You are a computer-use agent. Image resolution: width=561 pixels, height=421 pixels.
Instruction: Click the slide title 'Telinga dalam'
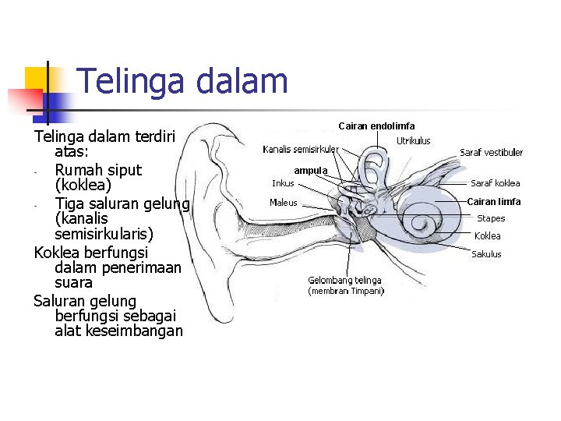(x=182, y=81)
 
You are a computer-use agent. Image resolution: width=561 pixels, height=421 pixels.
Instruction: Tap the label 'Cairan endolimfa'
(x=376, y=126)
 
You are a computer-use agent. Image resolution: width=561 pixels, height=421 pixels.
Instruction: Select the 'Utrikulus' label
(x=413, y=141)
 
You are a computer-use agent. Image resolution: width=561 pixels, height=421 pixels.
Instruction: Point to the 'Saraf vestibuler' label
(x=491, y=153)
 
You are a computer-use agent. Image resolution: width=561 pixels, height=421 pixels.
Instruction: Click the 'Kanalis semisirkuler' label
(x=300, y=149)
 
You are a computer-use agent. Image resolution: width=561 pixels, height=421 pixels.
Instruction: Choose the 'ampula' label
(x=311, y=170)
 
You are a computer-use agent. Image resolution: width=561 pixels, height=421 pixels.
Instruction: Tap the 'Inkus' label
(x=283, y=184)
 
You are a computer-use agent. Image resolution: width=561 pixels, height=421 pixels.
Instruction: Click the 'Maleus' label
(x=283, y=203)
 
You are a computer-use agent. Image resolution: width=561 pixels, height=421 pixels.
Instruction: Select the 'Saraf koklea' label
(x=495, y=184)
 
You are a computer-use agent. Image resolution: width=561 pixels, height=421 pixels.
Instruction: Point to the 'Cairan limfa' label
(x=493, y=202)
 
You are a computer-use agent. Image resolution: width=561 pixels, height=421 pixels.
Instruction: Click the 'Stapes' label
(x=491, y=219)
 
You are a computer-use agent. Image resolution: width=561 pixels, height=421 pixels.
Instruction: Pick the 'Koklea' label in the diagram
(x=488, y=236)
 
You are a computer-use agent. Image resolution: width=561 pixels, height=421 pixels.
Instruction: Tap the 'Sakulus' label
(x=486, y=254)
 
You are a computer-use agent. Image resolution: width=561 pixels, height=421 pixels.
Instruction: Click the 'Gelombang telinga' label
(x=344, y=281)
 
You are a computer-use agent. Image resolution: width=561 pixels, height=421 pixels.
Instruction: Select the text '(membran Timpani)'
(x=346, y=292)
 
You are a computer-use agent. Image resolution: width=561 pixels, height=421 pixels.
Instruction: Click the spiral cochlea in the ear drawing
(x=425, y=226)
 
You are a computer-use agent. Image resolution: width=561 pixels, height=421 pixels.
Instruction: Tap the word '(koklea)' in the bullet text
(x=83, y=186)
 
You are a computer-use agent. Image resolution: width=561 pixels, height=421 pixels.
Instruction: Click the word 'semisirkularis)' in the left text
(x=104, y=234)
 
